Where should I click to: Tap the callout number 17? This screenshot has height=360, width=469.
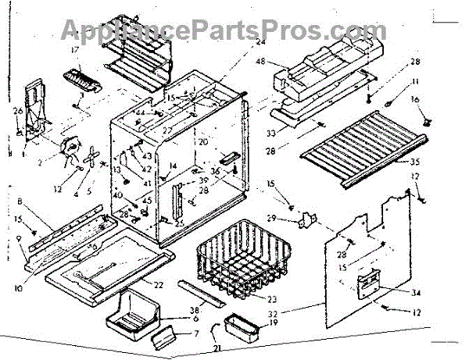pos(75,51)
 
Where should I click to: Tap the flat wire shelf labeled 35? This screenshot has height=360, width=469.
pos(360,148)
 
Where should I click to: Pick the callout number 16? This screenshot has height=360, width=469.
pos(414,99)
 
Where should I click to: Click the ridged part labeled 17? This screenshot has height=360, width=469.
pos(83,79)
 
